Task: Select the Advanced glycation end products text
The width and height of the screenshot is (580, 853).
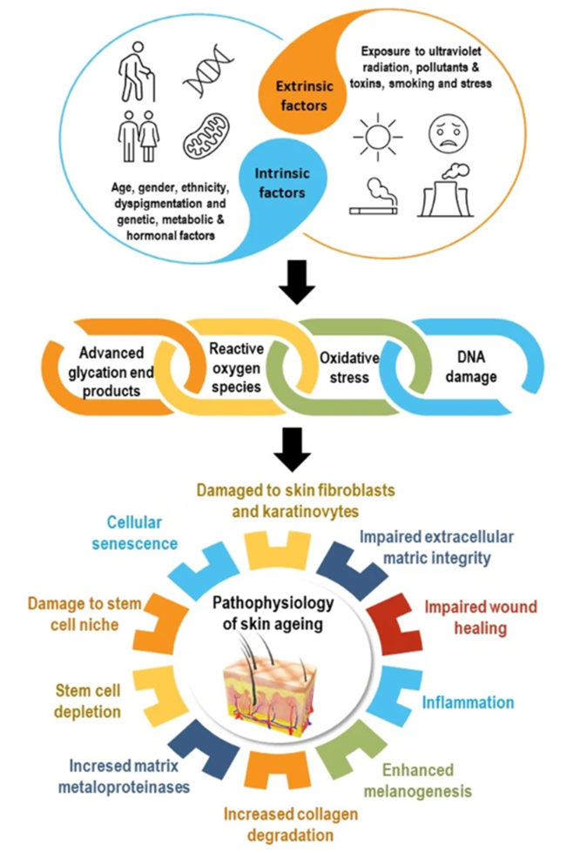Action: coord(123,371)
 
